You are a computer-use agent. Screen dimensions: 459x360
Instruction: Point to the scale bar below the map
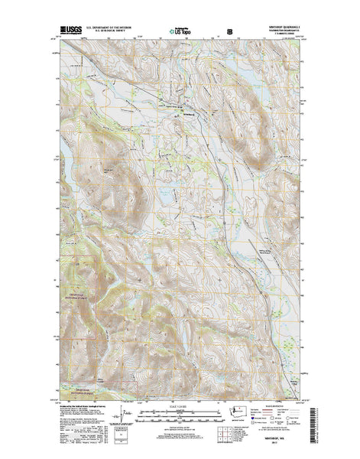click(x=180, y=415)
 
